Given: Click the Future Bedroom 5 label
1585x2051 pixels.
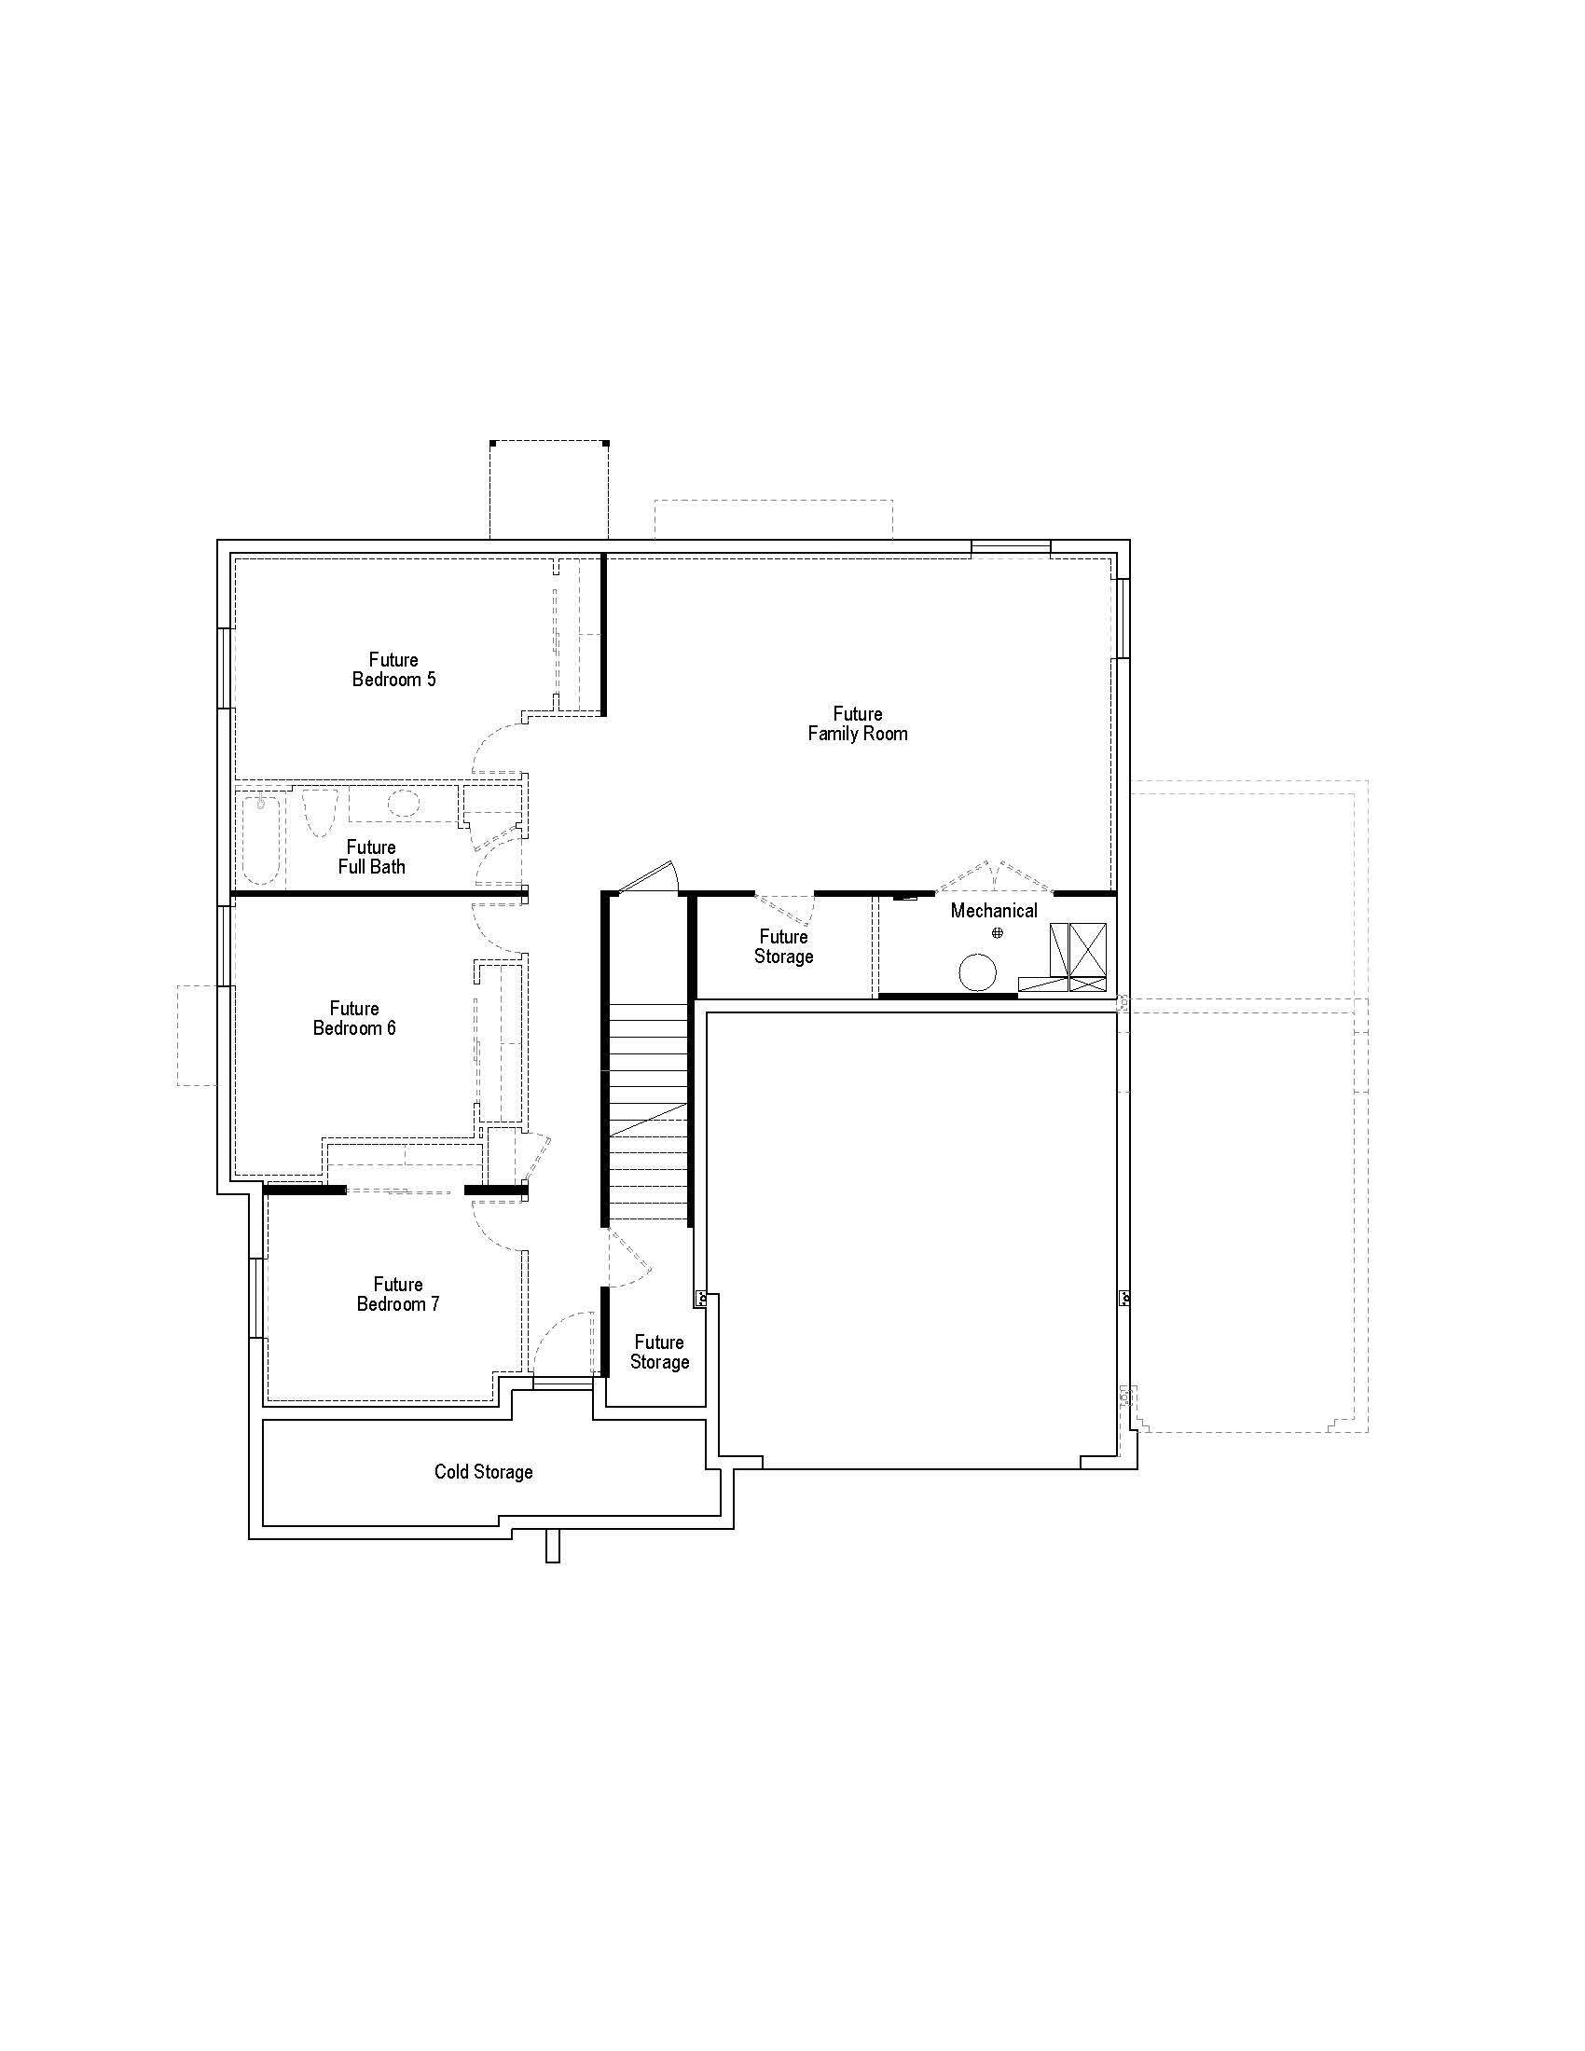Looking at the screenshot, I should point(393,669).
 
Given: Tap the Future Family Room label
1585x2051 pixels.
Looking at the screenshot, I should point(857,723).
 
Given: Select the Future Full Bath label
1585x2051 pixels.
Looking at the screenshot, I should point(371,857).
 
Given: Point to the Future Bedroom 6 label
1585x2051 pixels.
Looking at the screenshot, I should point(354,1018).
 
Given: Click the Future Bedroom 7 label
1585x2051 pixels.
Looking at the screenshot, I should point(398,1294).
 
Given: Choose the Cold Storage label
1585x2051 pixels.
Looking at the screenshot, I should point(483,1471).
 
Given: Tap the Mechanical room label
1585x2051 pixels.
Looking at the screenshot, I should point(994,910).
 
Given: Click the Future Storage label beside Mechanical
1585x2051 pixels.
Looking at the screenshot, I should point(783,946).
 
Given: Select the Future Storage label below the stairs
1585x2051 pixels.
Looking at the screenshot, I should point(659,1353).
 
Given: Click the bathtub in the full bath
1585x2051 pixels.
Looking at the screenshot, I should point(261,840).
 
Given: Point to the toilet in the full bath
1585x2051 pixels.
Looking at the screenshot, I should point(319,811).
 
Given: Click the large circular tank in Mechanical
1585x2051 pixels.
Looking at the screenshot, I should point(976,971).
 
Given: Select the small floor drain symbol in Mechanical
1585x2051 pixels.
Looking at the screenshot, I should point(998,932).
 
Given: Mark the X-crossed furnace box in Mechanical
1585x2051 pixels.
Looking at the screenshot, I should point(1087,954).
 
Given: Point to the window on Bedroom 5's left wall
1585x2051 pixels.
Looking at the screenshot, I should point(224,668).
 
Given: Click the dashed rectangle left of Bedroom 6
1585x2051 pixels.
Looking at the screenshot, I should point(197,1035).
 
